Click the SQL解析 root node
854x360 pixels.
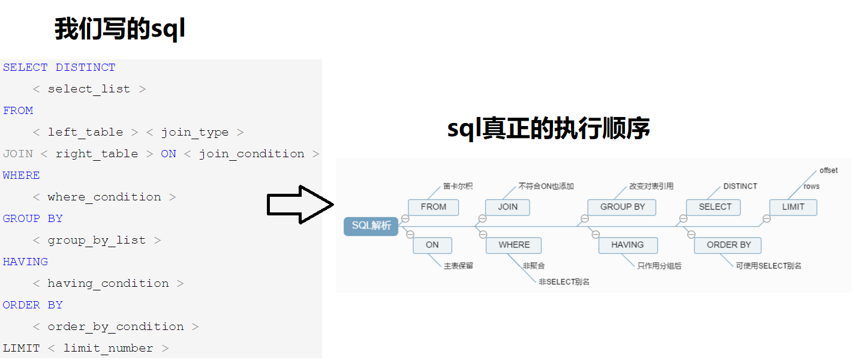tap(371, 226)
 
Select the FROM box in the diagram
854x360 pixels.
tap(433, 207)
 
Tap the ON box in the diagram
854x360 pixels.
tap(432, 245)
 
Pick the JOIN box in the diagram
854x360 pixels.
tap(508, 207)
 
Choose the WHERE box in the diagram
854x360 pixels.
tap(514, 245)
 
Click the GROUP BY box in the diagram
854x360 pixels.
tap(622, 207)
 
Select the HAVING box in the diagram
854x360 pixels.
tap(627, 245)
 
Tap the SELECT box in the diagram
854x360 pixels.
tap(714, 207)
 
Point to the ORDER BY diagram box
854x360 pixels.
tap(728, 245)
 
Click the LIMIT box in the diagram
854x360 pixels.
tap(793, 207)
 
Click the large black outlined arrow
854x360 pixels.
tap(299, 205)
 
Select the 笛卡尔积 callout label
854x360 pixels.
tap(458, 187)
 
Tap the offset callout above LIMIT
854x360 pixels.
tap(828, 171)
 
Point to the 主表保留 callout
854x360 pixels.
tap(458, 266)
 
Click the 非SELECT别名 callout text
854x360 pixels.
tap(564, 281)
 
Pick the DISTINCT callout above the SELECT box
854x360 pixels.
tap(740, 187)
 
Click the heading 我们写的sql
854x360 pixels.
tap(120, 29)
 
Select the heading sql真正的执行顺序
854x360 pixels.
tap(548, 129)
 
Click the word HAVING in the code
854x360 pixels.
tap(25, 262)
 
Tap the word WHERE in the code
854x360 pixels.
tap(22, 175)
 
